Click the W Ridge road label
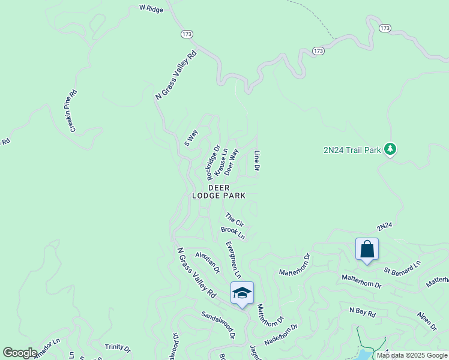(151, 8)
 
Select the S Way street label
(191, 138)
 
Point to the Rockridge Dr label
(212, 161)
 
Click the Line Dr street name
(256, 160)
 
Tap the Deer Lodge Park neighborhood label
(218, 191)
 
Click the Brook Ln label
(233, 232)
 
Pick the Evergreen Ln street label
(233, 260)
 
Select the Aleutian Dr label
(207, 263)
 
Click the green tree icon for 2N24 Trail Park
(390, 149)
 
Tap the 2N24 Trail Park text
(352, 150)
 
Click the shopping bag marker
(367, 249)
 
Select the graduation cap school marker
(242, 293)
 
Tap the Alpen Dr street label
(427, 321)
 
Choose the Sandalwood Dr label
(217, 324)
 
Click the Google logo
(20, 353)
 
